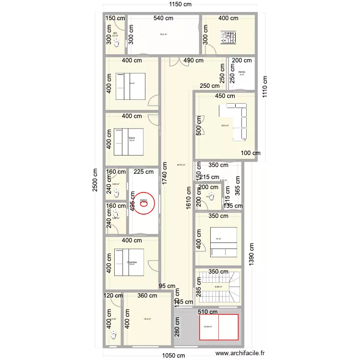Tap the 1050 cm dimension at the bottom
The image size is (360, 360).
[173, 355]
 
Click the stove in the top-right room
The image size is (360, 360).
[227, 37]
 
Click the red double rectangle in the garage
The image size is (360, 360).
[218, 327]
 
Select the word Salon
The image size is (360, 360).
[132, 138]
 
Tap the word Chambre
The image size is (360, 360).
[132, 262]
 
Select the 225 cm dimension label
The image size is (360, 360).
[143, 171]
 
